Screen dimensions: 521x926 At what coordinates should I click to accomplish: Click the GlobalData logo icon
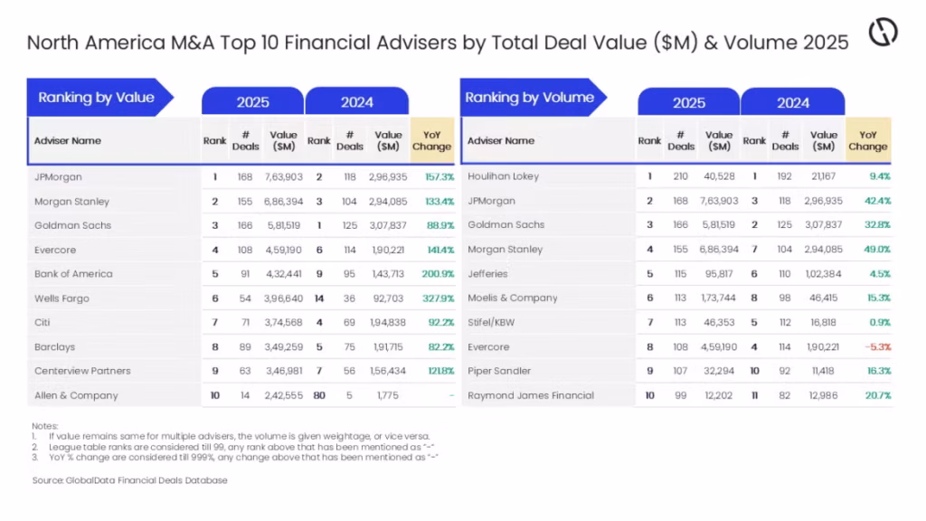[x=883, y=33]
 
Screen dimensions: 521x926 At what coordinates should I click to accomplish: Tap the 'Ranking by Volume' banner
[x=530, y=98]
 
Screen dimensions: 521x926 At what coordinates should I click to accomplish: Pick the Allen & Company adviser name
[x=76, y=395]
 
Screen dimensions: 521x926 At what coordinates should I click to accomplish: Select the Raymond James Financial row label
[x=531, y=395]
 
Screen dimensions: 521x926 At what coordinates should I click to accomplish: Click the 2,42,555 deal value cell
[x=286, y=395]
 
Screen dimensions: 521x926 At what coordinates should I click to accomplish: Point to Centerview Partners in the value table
[x=82, y=371]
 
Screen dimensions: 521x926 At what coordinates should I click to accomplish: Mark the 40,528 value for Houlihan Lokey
[x=718, y=176]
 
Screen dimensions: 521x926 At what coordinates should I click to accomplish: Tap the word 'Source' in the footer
[x=46, y=480]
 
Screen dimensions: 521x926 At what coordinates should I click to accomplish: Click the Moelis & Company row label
[x=512, y=298]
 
